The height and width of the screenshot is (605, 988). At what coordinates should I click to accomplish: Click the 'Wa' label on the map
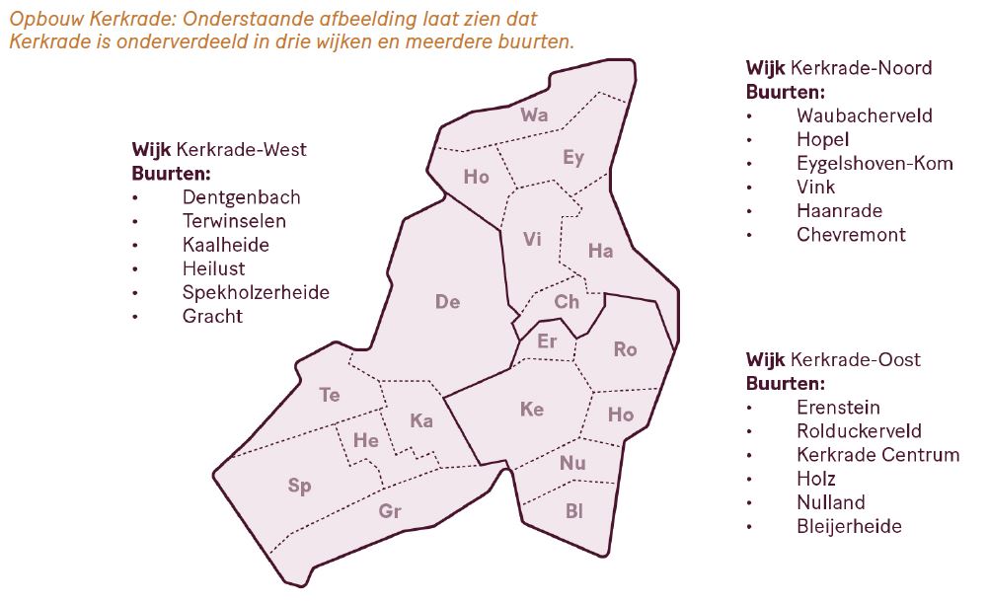(x=534, y=115)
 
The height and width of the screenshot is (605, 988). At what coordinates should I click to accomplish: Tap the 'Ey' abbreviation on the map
(x=573, y=158)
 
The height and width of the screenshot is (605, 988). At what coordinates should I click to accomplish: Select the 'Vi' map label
(x=533, y=239)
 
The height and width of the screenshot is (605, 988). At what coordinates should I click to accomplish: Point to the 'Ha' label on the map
(x=600, y=251)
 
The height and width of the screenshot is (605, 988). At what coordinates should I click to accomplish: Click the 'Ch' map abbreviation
(x=567, y=302)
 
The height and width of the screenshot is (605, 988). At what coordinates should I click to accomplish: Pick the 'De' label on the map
(x=447, y=302)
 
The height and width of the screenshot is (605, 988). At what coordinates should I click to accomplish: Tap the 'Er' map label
(x=548, y=341)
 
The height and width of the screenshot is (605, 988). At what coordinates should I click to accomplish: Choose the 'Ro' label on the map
(x=625, y=349)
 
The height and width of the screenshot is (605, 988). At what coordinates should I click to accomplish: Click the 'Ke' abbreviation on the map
(x=532, y=409)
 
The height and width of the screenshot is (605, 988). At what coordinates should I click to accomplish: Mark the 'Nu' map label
(x=572, y=464)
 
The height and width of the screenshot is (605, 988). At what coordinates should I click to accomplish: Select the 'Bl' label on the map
(x=574, y=511)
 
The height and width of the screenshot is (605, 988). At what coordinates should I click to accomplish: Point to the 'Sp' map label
(x=299, y=486)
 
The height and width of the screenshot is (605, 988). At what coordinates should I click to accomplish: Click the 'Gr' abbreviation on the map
(x=391, y=511)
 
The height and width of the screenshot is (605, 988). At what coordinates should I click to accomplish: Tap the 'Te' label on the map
(x=330, y=395)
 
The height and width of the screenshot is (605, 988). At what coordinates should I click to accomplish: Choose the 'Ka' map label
(x=421, y=421)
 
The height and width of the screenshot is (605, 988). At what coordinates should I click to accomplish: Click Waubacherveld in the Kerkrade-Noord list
(x=864, y=115)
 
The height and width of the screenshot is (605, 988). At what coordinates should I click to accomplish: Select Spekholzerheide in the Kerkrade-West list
(x=256, y=292)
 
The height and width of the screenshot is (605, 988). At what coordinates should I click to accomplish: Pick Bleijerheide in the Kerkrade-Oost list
(x=849, y=526)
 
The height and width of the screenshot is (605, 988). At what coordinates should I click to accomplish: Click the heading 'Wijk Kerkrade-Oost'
(x=833, y=359)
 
